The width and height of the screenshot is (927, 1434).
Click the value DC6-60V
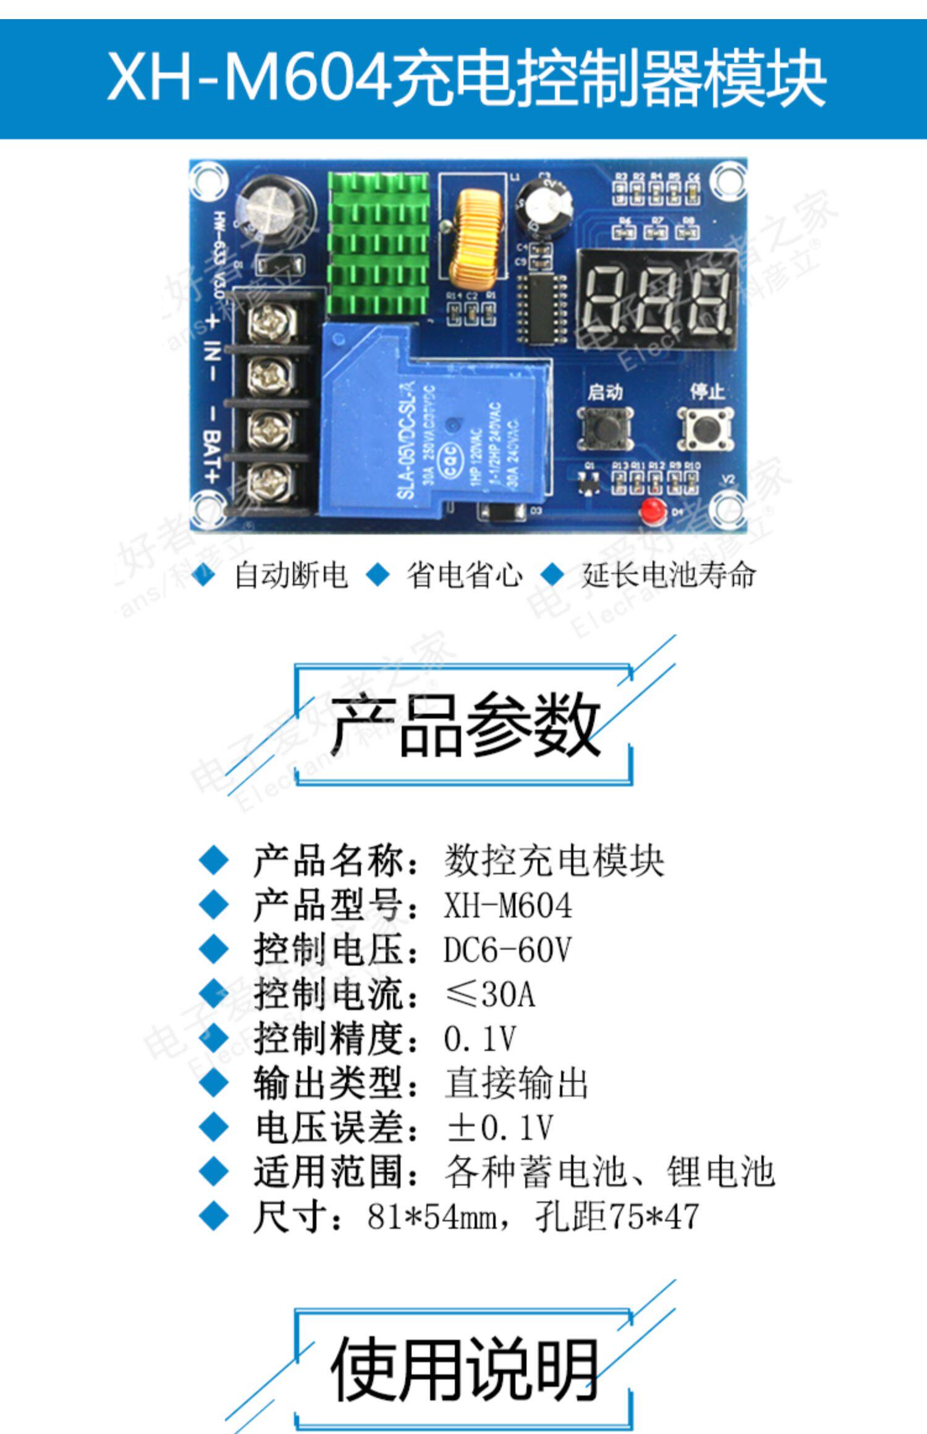pos(507,950)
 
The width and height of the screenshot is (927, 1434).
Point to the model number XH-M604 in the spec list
pos(507,906)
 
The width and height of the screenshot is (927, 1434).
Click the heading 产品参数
pos(465,724)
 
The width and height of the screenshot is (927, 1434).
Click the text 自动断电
pos(290,575)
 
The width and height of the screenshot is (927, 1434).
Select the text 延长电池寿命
pos(669,575)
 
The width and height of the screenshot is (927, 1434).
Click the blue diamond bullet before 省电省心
pos(378,575)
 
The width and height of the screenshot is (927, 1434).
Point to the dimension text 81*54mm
pos(433,1217)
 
